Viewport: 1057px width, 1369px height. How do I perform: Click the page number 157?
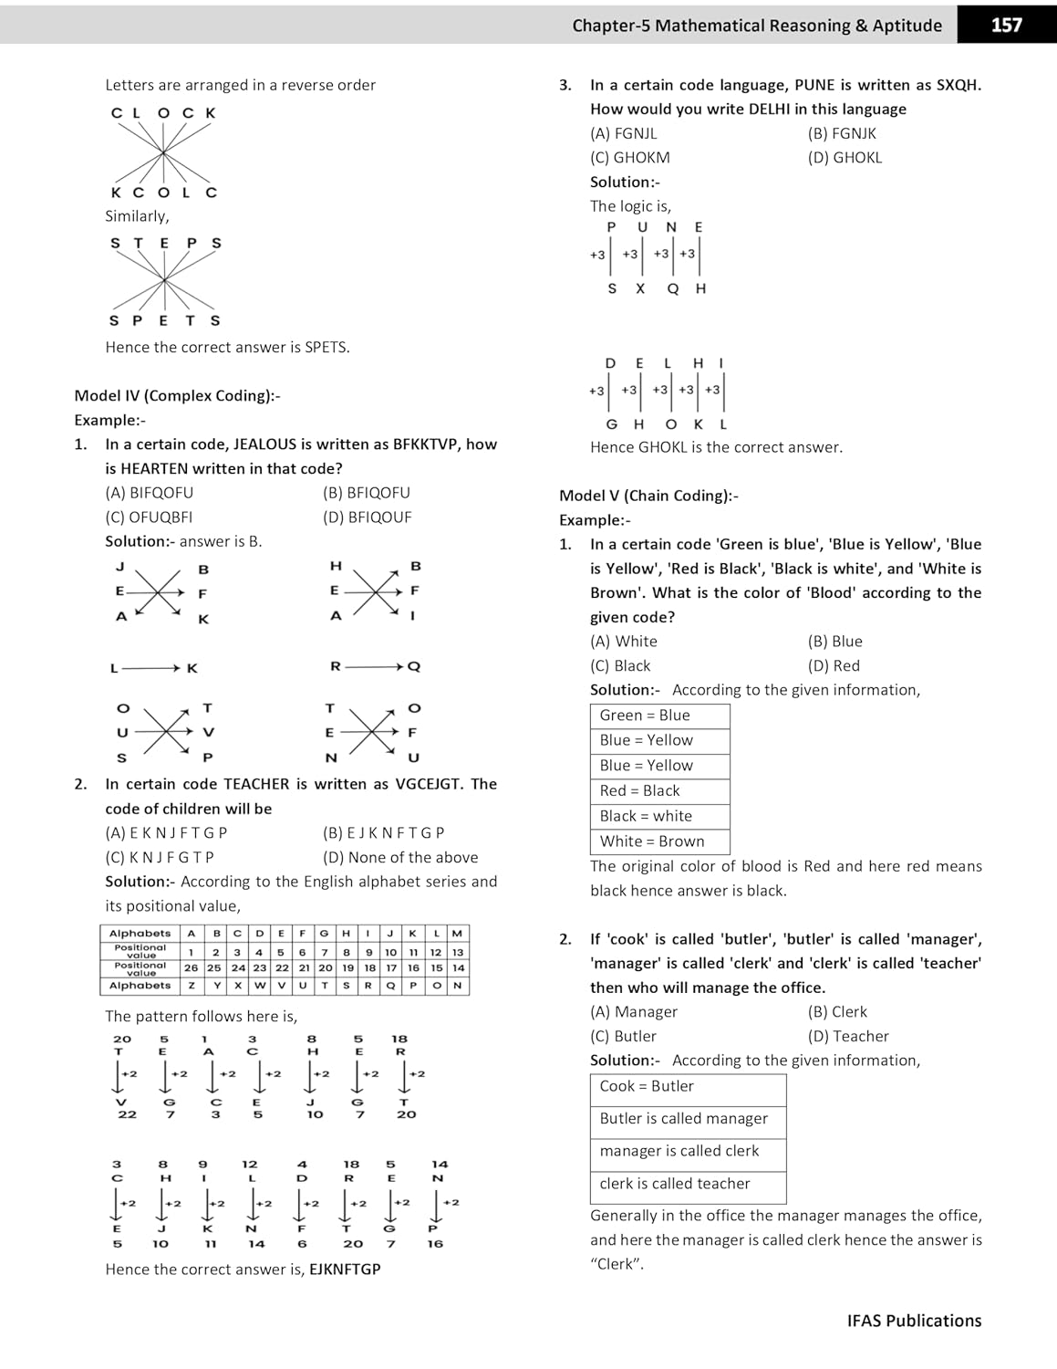[1006, 25]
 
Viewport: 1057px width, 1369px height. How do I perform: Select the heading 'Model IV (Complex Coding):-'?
[177, 395]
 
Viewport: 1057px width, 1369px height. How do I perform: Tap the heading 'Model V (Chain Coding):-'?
[648, 496]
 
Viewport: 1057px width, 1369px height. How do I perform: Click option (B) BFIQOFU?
[367, 493]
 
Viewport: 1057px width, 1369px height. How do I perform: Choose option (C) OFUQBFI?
[149, 517]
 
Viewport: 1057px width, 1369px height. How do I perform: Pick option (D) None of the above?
[400, 857]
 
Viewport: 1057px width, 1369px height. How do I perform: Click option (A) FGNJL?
[623, 133]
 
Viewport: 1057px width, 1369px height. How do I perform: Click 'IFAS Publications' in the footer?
[914, 1321]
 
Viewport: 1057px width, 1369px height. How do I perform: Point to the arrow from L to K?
[150, 668]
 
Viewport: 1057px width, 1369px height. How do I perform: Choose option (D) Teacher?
[848, 1036]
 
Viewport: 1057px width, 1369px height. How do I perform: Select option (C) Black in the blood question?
[620, 665]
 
